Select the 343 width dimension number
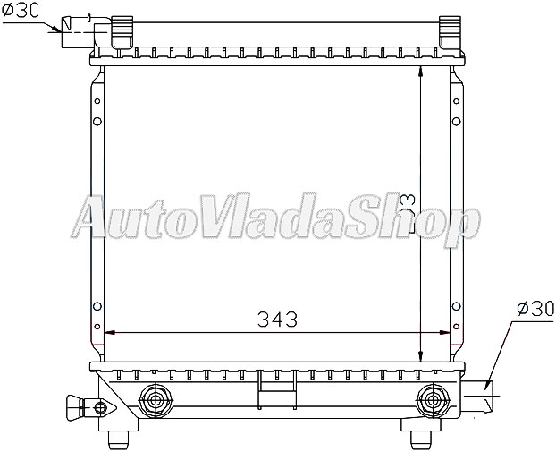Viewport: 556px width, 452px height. tap(277, 319)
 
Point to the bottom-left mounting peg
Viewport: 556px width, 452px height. tap(119, 436)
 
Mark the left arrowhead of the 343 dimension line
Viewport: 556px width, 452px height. tap(109, 333)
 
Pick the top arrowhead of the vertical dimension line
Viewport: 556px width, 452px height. tap(423, 72)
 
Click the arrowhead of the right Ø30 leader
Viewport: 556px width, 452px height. tap(488, 386)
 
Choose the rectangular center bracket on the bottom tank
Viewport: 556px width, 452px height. tap(268, 389)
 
